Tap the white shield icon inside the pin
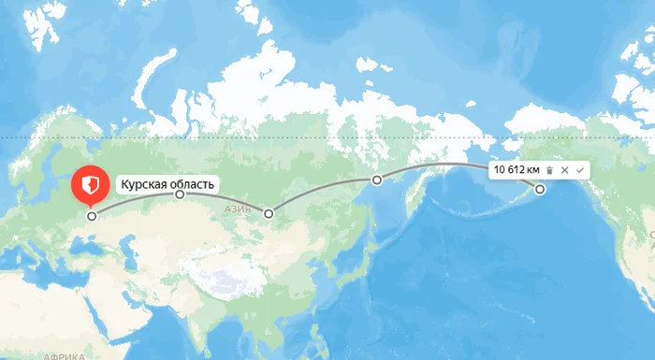click(x=90, y=183)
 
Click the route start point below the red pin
click(x=92, y=216)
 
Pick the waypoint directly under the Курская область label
click(x=180, y=195)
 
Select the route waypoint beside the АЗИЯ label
click(x=269, y=214)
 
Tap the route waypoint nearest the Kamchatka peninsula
click(x=376, y=180)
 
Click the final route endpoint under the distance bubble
click(x=540, y=190)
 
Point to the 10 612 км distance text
click(x=517, y=169)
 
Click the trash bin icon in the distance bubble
click(x=550, y=169)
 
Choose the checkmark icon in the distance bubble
click(x=580, y=169)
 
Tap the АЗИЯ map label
click(x=239, y=210)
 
